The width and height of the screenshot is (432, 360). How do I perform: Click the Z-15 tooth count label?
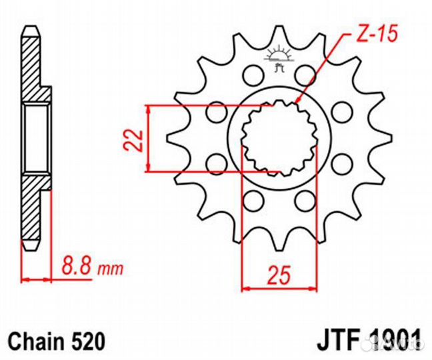coord(369,33)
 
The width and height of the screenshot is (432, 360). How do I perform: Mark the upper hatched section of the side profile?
coord(31,67)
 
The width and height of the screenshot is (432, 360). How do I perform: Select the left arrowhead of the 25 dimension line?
coord(245,289)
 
